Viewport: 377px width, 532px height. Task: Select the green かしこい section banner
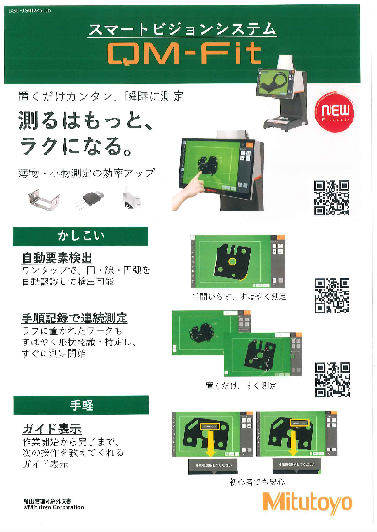pyautogui.click(x=74, y=235)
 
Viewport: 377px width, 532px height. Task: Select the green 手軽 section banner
pyautogui.click(x=74, y=406)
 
